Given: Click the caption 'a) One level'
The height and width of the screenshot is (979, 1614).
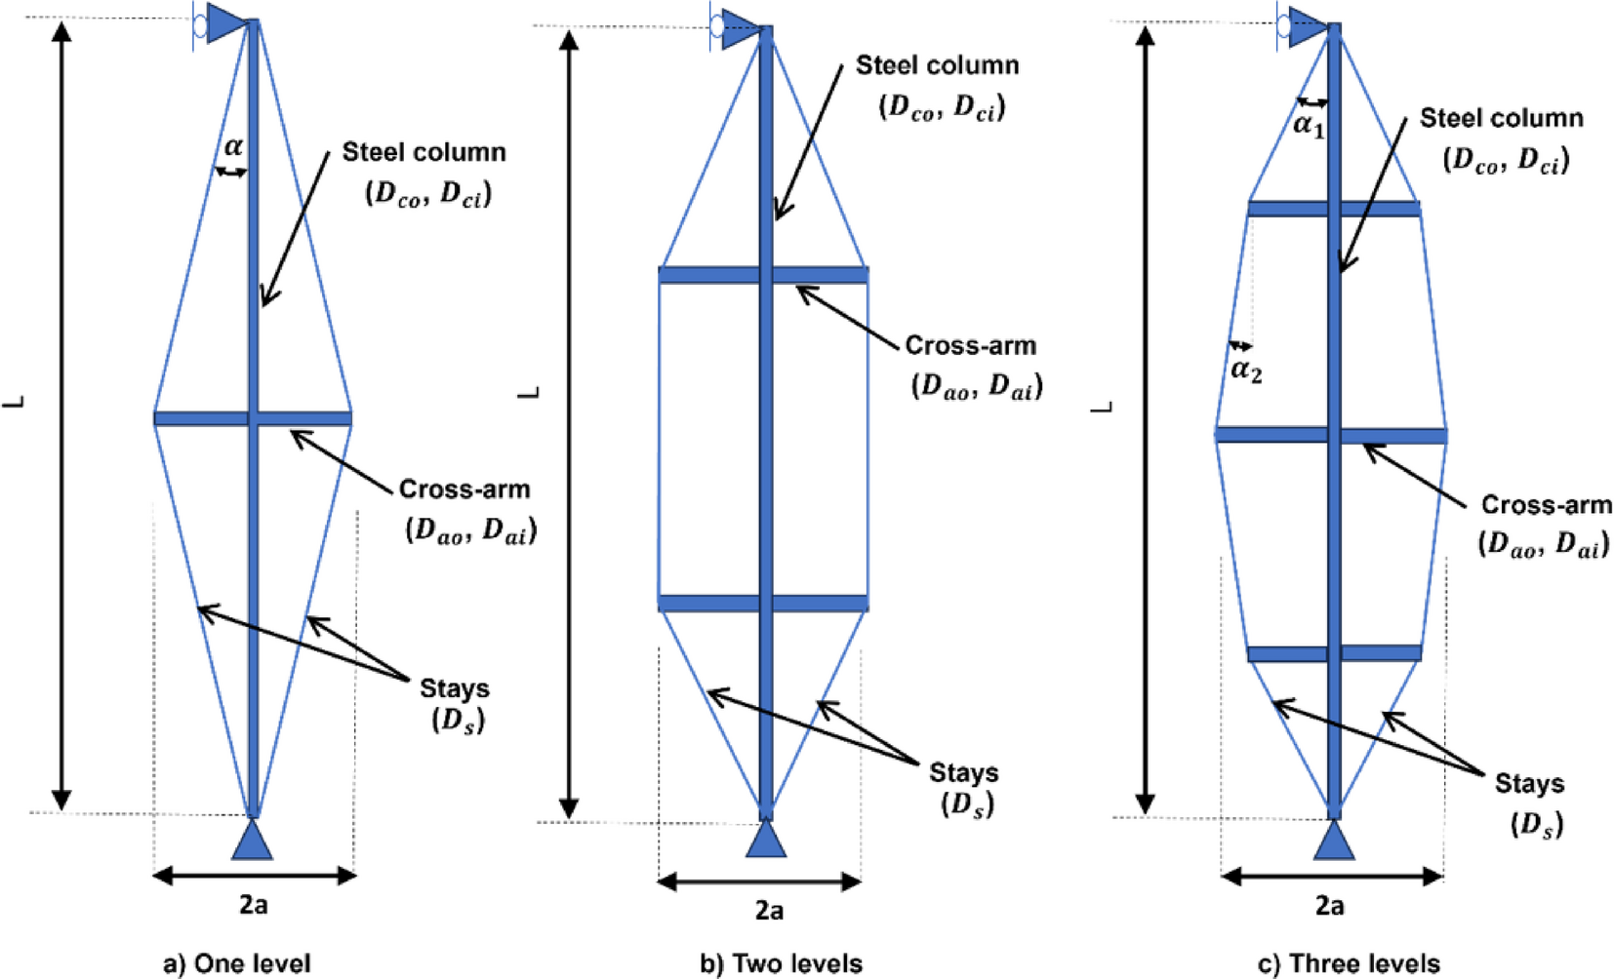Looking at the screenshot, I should (237, 963).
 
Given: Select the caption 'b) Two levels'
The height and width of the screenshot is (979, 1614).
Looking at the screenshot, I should (782, 963).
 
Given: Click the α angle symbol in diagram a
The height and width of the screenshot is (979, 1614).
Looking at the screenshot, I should (233, 147).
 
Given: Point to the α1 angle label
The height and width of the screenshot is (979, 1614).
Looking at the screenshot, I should (1309, 124).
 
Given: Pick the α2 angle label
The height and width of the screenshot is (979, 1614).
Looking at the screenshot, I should (1246, 370).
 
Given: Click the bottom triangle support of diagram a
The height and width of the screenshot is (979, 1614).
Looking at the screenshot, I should (253, 840).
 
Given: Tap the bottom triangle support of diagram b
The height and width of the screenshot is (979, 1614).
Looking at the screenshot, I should (766, 839).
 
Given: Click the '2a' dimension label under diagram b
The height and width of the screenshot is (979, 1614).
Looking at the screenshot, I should (769, 911).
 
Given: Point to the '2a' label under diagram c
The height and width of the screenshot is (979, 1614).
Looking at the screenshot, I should (1329, 906).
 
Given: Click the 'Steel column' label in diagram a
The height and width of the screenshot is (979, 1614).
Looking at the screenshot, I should (424, 153).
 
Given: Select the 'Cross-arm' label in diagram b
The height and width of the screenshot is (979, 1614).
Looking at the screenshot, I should (970, 346).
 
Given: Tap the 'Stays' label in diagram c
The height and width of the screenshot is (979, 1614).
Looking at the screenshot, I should (1529, 784).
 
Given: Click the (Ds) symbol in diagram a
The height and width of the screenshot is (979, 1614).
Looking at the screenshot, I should (458, 722).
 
